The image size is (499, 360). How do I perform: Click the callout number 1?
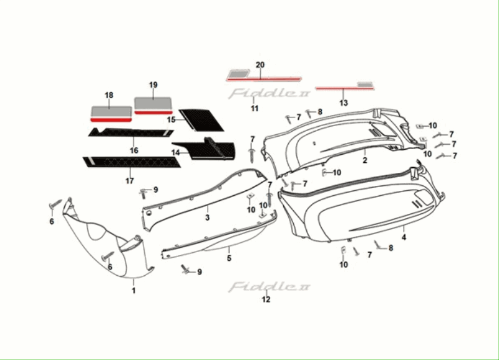(133, 290)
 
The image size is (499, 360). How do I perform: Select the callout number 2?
(365, 160)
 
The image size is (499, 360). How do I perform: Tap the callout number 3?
(208, 217)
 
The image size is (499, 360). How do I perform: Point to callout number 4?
(404, 237)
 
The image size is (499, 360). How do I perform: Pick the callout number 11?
(254, 109)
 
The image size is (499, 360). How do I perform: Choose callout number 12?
(266, 299)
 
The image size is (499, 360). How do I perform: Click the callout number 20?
(260, 65)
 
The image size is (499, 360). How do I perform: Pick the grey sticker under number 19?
(154, 102)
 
